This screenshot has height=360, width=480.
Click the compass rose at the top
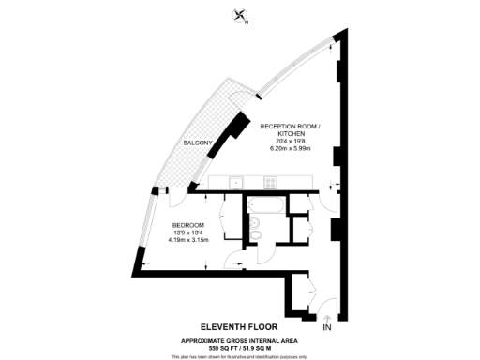[x=241, y=14]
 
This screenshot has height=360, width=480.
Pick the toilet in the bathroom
[x=252, y=224]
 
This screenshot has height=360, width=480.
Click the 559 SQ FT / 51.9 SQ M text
[x=240, y=347]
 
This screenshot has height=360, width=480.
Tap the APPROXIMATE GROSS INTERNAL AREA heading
[x=240, y=340]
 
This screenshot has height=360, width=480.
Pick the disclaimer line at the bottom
[x=240, y=356]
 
